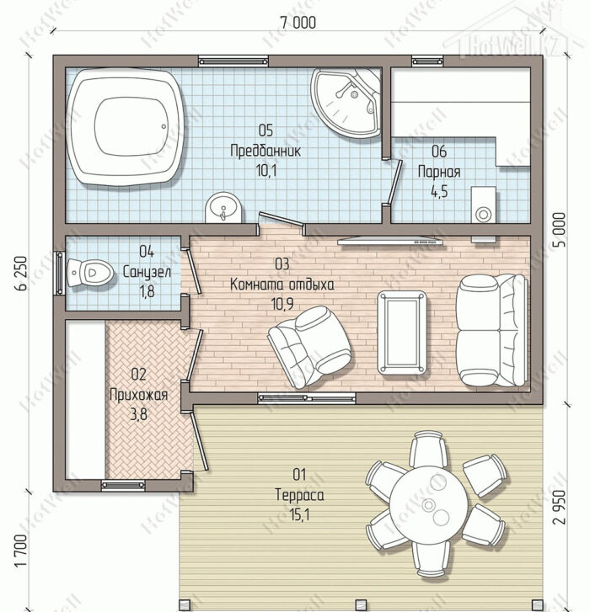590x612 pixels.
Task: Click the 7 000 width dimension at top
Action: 298,22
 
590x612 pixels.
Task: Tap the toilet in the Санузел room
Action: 90,273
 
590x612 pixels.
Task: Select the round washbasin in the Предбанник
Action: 223,207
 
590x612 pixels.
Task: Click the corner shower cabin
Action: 346,103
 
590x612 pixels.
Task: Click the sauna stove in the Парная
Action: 483,205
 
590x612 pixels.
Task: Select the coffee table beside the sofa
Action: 402,333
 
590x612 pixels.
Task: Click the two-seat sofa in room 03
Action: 492,330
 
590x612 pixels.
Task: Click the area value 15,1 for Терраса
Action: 299,515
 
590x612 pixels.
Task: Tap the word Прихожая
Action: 139,395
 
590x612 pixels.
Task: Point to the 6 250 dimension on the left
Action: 22,273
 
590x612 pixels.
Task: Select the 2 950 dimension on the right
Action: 560,506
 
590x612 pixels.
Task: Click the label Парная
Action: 439,172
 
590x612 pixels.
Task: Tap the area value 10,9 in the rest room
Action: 282,304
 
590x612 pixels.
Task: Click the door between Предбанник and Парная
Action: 394,183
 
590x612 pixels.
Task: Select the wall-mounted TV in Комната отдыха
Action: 390,242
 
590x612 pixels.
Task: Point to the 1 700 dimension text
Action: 22,551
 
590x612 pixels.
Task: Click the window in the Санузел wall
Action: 59,273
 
